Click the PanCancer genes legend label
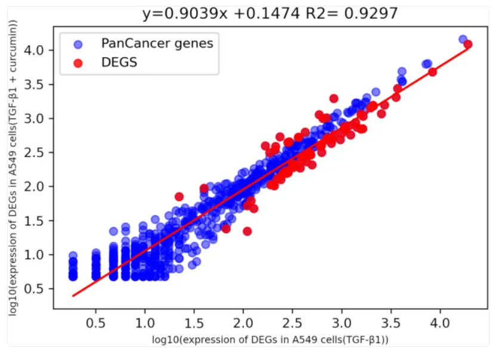click(157, 42)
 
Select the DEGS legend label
click(119, 61)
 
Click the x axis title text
click(270, 340)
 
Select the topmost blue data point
click(463, 39)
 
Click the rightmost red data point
click(468, 44)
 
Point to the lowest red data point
click(247, 231)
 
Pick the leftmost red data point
click(179, 196)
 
